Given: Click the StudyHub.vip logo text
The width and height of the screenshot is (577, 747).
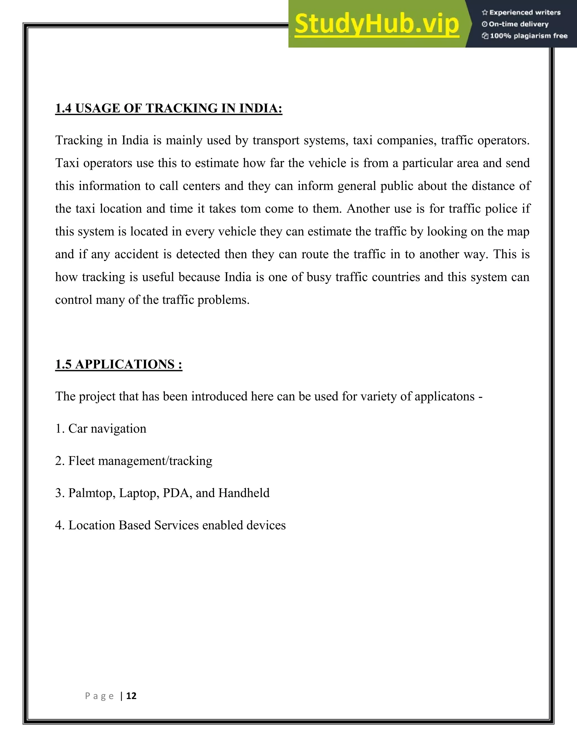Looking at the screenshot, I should (377, 24).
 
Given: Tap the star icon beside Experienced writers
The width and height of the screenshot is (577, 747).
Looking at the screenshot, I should (484, 13).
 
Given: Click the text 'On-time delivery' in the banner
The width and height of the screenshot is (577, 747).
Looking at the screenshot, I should (519, 24).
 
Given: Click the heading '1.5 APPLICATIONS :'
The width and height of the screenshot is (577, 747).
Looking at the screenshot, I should (119, 364).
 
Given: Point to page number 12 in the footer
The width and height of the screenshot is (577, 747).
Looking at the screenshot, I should (131, 696).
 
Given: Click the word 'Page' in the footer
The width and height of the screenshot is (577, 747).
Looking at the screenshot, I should (99, 696).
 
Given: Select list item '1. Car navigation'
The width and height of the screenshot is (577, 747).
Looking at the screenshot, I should (101, 428).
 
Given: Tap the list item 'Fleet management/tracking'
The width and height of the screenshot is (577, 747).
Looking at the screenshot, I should (140, 461).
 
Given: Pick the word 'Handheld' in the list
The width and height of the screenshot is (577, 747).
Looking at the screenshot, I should (244, 493).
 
